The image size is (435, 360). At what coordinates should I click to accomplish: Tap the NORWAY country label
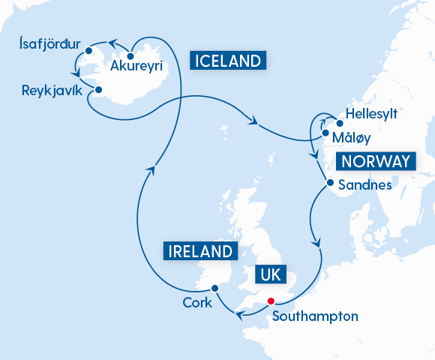click(x=376, y=162)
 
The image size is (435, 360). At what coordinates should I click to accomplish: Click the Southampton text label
click(x=315, y=316)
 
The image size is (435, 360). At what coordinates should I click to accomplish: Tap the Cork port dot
click(x=214, y=288)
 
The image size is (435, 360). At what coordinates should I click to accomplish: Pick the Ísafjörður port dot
click(x=89, y=51)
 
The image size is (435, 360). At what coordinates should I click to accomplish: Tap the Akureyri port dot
click(x=130, y=55)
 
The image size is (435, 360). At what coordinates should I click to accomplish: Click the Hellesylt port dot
click(x=339, y=124)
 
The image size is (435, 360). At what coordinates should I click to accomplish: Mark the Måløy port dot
click(x=325, y=135)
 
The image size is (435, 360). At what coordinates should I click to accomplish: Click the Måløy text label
click(x=352, y=137)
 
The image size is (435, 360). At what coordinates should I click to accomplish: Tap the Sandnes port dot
click(x=330, y=182)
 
